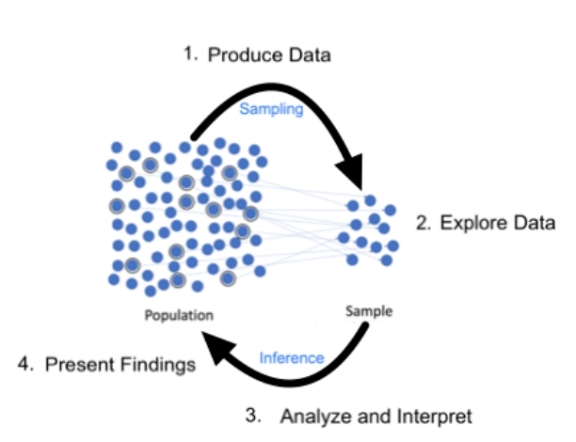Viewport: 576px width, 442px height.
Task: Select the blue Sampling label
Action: (x=271, y=109)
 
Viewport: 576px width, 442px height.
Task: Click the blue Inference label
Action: (x=291, y=357)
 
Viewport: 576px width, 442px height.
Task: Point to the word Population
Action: (x=179, y=315)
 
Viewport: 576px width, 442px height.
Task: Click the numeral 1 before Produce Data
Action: (x=188, y=54)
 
